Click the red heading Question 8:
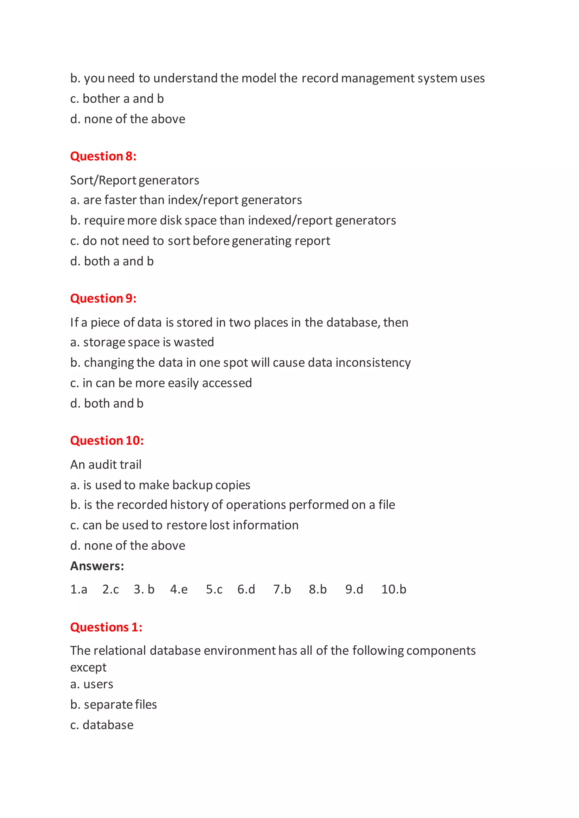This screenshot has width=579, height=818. (103, 156)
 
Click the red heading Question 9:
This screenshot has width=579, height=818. (103, 298)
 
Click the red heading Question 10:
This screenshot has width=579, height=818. (107, 440)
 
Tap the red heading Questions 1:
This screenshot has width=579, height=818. (106, 627)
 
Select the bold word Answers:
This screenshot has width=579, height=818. (97, 566)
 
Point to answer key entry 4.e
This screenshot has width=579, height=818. (179, 589)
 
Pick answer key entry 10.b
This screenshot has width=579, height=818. (394, 589)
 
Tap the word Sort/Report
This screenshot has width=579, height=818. (103, 180)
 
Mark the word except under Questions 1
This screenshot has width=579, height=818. (88, 667)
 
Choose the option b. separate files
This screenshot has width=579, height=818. (113, 705)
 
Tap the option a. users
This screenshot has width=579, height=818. (92, 684)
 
